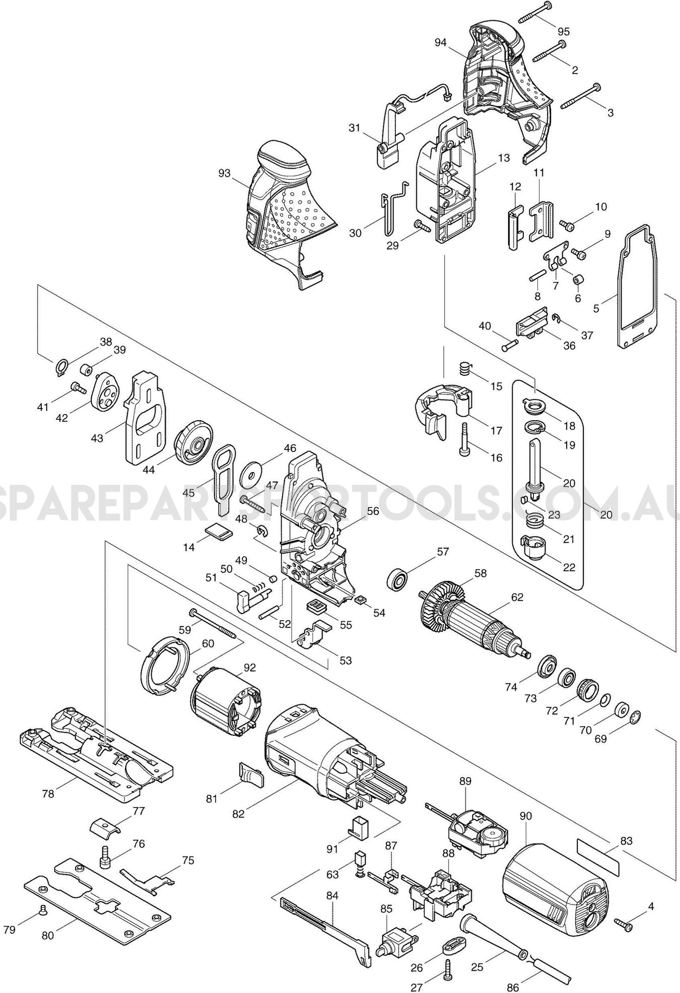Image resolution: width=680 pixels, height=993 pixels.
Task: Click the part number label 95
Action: (x=563, y=31)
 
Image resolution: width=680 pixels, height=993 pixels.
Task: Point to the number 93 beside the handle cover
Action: (x=224, y=173)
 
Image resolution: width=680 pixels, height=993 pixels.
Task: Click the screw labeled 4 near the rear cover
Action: (x=623, y=923)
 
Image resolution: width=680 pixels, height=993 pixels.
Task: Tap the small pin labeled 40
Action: (x=510, y=346)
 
